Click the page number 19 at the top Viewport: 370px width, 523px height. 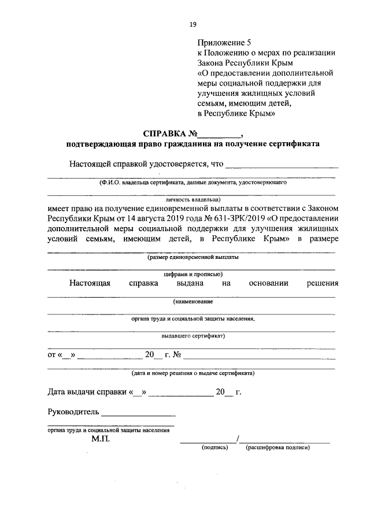click(193, 24)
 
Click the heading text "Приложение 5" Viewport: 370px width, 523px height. click(225, 42)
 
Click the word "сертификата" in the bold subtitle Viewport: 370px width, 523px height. click(295, 144)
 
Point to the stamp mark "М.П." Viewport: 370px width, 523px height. click(101, 439)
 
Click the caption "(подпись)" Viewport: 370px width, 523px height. click(215, 448)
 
